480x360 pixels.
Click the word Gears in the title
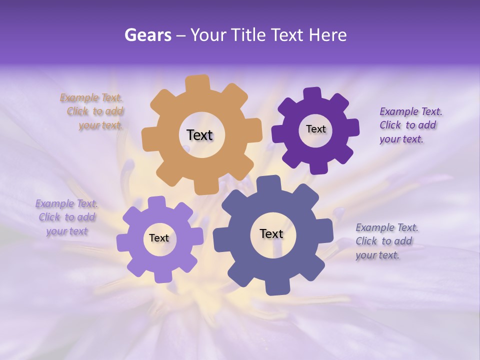pyautogui.click(x=148, y=35)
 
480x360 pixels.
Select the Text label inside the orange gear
pyautogui.click(x=199, y=135)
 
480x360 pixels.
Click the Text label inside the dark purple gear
pyautogui.click(x=315, y=129)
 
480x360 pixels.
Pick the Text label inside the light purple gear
pyautogui.click(x=159, y=238)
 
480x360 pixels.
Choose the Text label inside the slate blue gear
pyautogui.click(x=271, y=233)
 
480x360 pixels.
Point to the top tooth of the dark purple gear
pyautogui.click(x=312, y=94)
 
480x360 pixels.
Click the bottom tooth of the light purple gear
pyautogui.click(x=163, y=276)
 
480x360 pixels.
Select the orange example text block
pyautogui.click(x=93, y=111)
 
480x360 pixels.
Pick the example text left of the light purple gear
pyautogui.click(x=67, y=217)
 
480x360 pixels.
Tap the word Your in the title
pyautogui.click(x=207, y=35)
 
